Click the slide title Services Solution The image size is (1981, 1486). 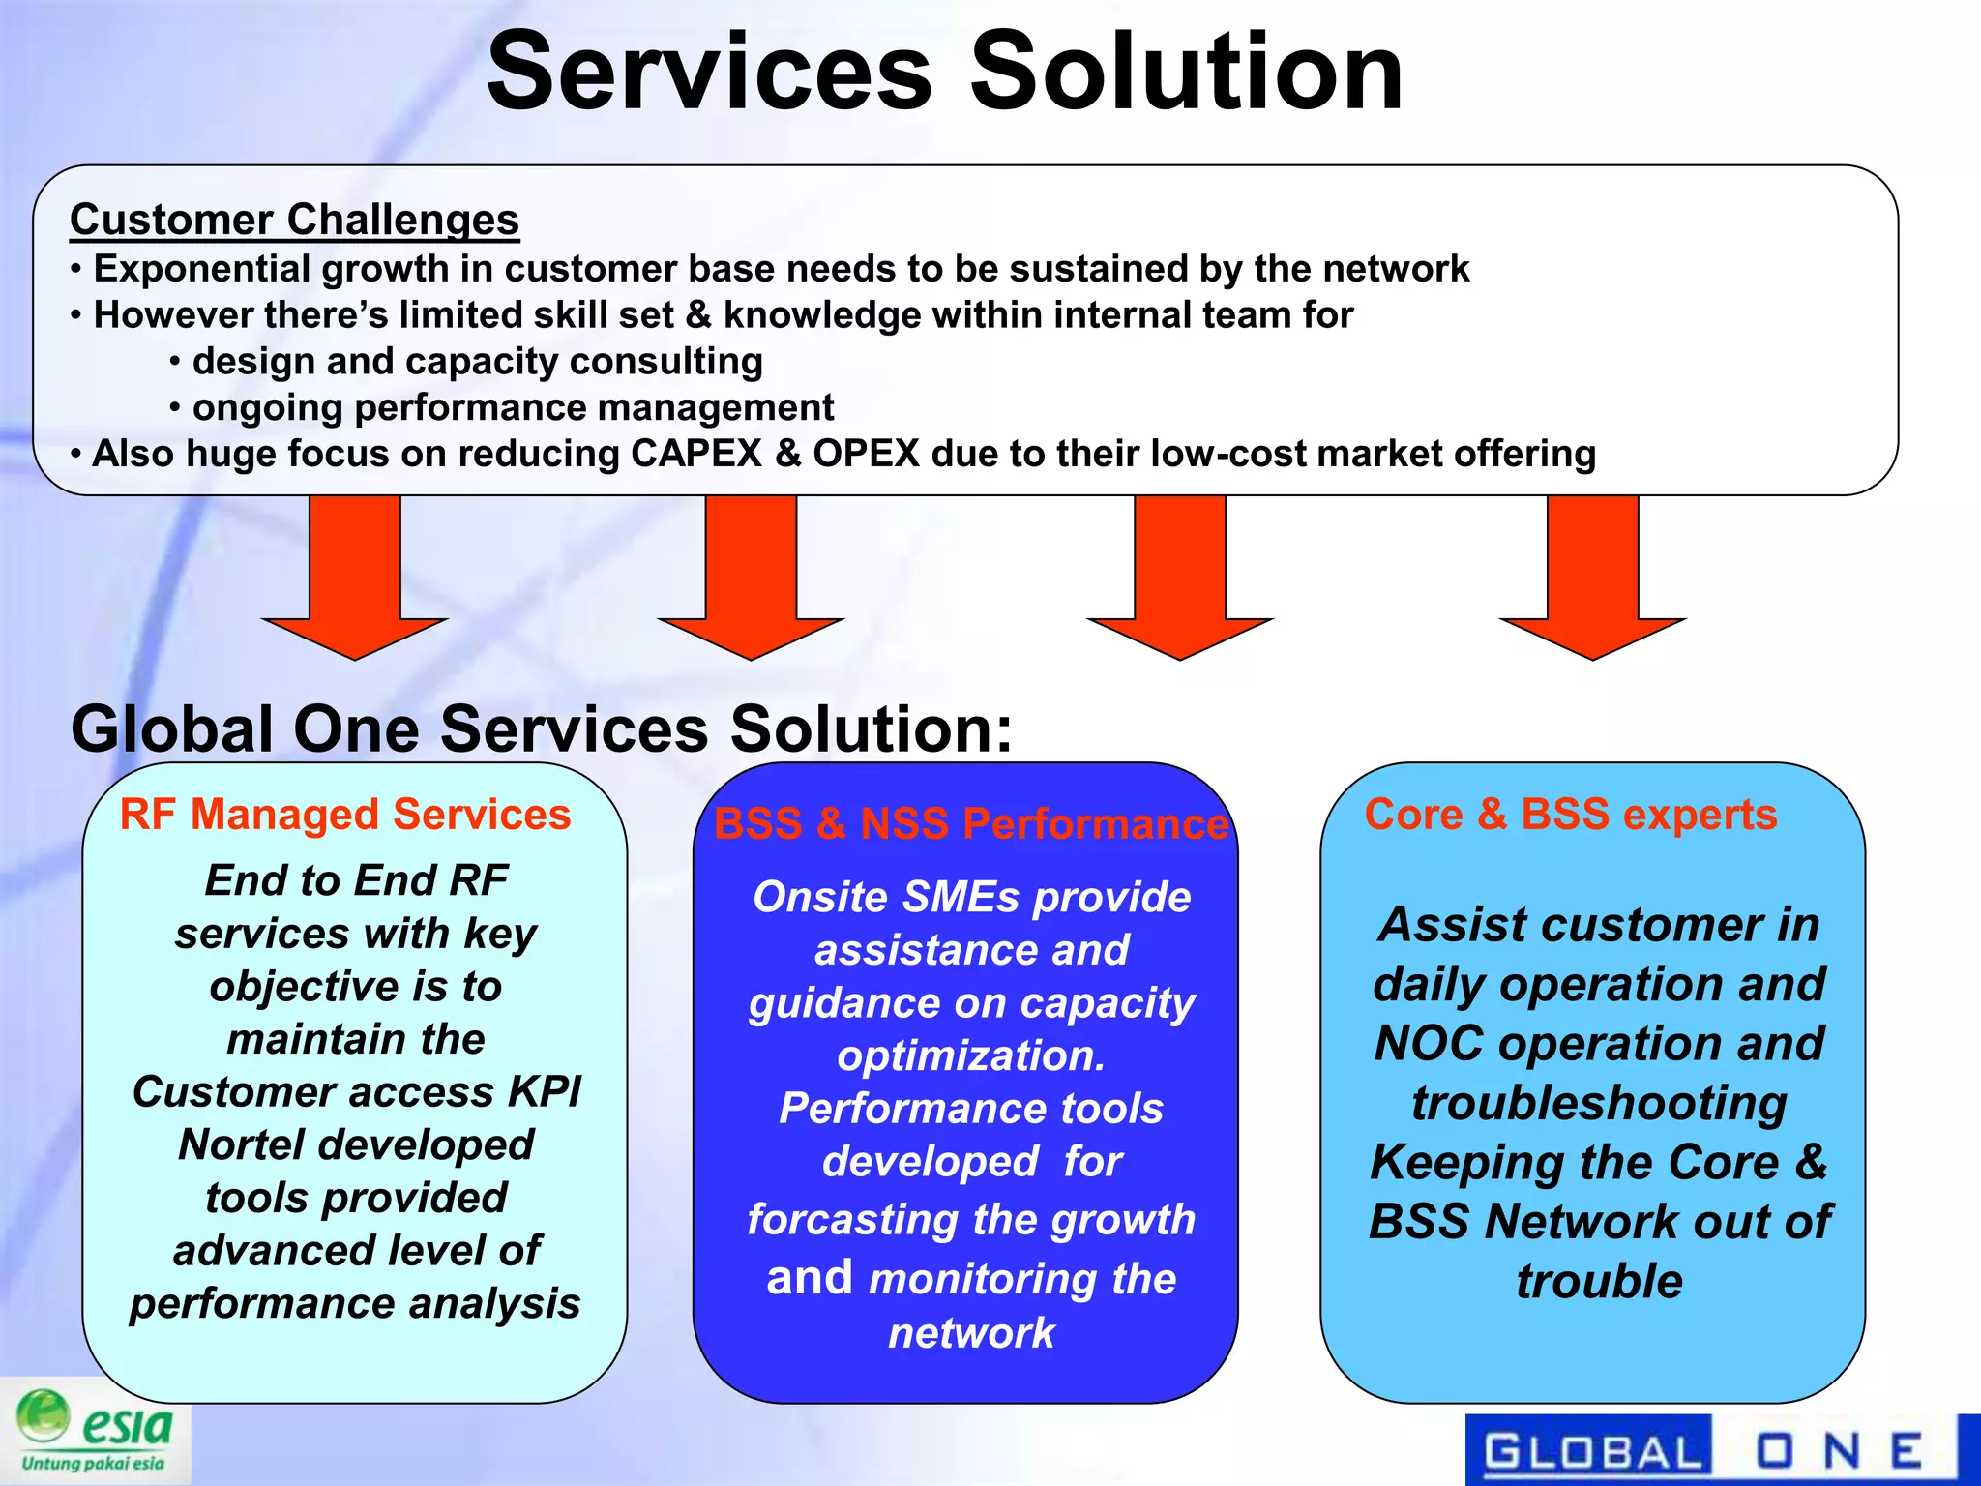click(x=944, y=73)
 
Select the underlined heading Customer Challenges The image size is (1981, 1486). click(x=294, y=220)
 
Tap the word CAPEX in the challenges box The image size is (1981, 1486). click(x=695, y=454)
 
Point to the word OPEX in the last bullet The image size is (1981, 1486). click(x=865, y=454)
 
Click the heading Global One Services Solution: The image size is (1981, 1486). click(x=542, y=728)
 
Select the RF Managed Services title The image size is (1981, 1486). click(x=345, y=815)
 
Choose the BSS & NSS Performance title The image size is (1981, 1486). click(x=970, y=824)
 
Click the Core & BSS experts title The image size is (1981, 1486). click(x=1570, y=815)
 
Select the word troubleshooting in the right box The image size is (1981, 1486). click(x=1599, y=1103)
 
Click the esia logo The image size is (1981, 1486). click(x=95, y=1431)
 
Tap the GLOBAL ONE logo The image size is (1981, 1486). click(x=1707, y=1450)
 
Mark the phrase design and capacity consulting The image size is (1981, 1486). click(x=477, y=362)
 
